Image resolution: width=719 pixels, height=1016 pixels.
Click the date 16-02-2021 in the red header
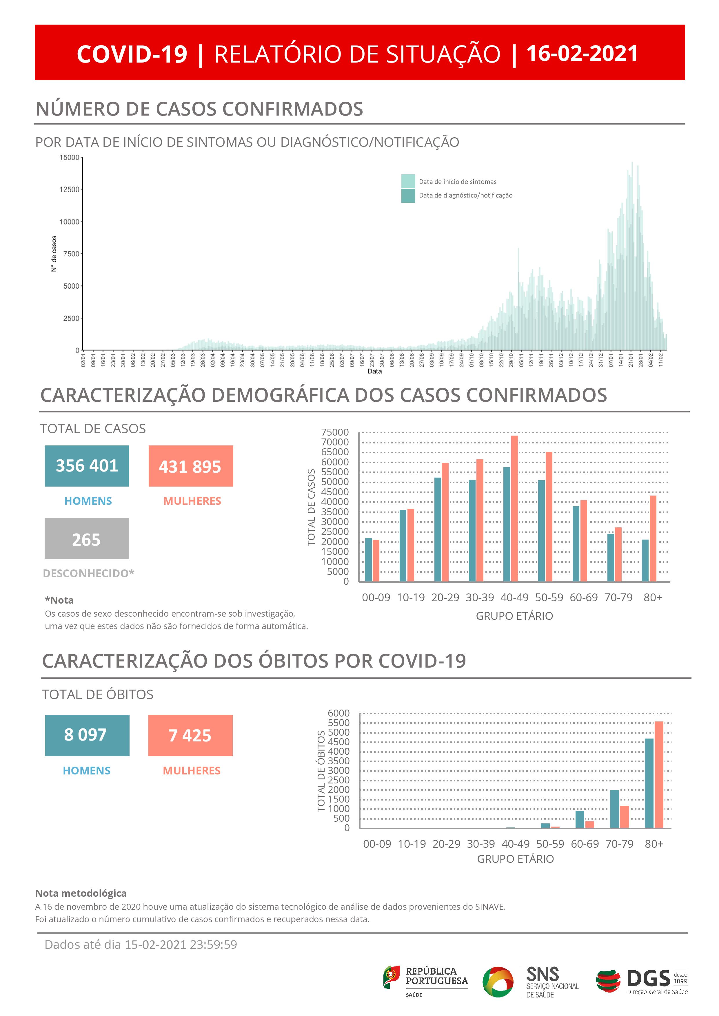582,54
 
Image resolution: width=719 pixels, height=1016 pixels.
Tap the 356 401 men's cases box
87,466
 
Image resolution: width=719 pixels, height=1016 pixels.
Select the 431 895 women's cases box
190,466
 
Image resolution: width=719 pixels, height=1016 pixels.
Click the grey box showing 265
87,538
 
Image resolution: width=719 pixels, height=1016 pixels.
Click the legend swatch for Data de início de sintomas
408,181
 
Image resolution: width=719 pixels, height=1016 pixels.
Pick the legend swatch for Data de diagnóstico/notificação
408,195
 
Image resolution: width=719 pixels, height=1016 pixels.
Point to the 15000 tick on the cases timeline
70,158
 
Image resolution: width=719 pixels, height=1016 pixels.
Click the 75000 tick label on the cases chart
335,432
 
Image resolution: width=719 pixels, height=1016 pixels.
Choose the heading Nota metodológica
81,893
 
